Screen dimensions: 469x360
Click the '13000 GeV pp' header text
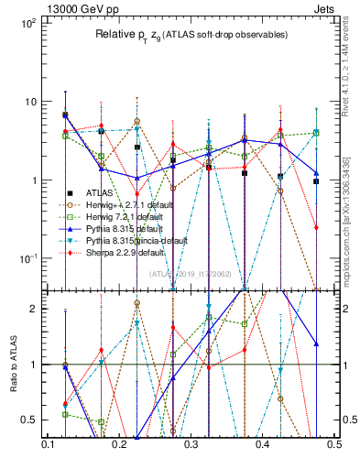coord(55,7)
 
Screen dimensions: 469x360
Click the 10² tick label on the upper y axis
coord(28,22)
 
